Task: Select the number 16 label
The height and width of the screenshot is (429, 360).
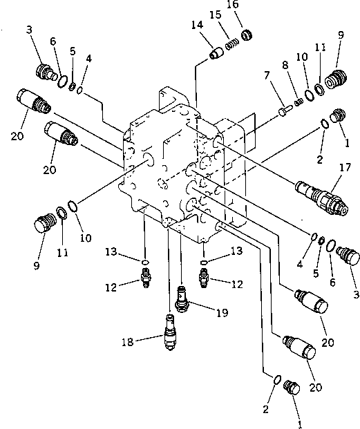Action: tap(251, 5)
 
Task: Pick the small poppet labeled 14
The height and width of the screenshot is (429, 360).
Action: tap(216, 52)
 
